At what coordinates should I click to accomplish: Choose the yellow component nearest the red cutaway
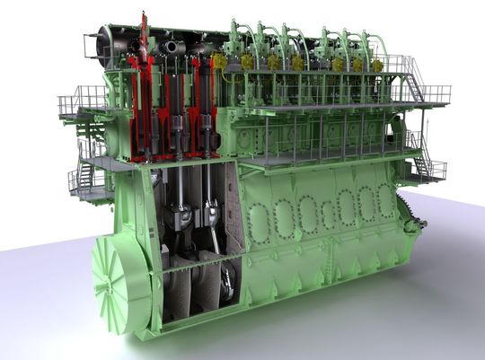pyautogui.click(x=219, y=61)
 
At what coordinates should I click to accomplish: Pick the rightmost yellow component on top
pyautogui.click(x=377, y=66)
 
